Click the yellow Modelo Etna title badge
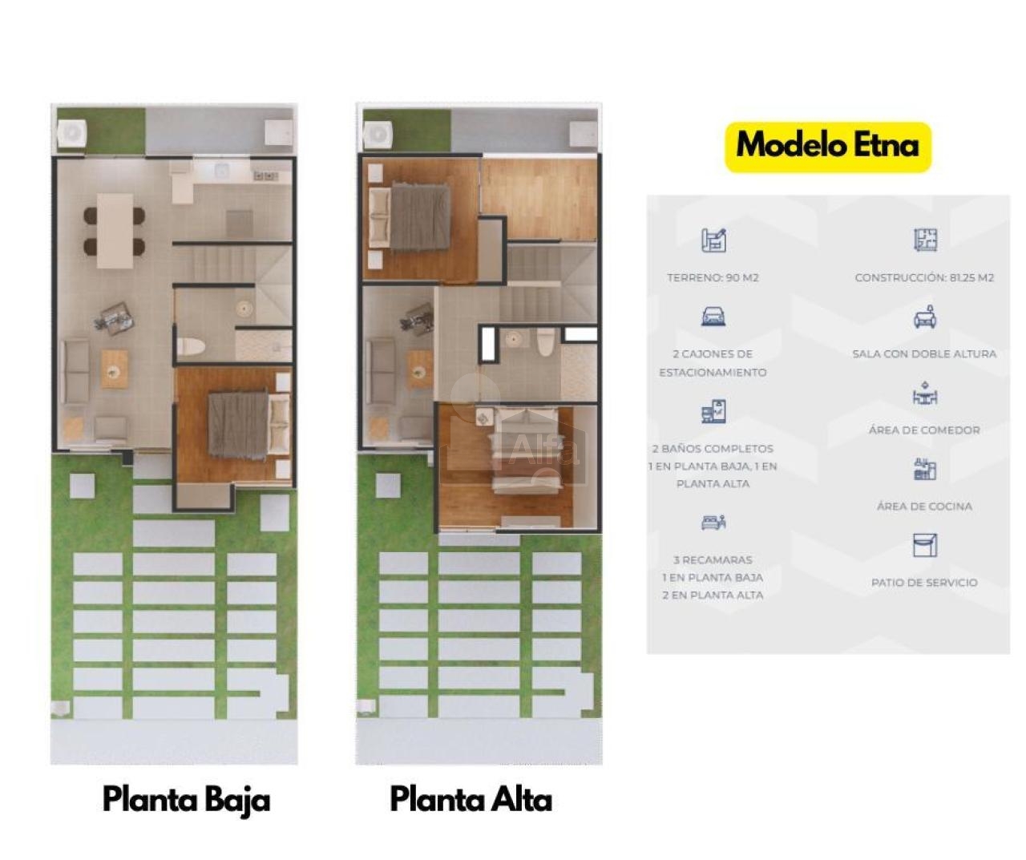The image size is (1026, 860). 828,147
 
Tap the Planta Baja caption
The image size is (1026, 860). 186,801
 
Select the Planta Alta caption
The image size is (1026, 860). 471,799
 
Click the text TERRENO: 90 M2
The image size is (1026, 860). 713,277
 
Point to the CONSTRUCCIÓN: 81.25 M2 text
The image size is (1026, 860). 924,277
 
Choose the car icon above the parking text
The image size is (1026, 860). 713,316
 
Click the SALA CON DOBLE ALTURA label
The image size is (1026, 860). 924,353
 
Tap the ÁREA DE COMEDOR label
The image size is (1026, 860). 924,430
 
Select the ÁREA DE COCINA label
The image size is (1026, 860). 924,507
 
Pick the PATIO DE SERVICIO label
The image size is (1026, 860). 924,583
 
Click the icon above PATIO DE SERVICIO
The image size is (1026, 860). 925,545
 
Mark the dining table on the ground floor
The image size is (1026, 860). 115,231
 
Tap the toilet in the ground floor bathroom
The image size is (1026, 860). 191,346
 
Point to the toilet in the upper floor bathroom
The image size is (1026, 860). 545,341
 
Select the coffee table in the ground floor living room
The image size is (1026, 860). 115,369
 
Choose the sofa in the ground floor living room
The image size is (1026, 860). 75,372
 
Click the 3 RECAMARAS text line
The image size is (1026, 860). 713,559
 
